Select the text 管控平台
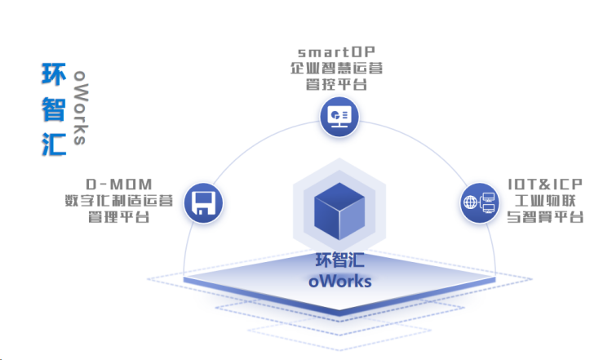click(335, 85)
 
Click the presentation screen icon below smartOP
click(338, 116)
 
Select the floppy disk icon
click(202, 202)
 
